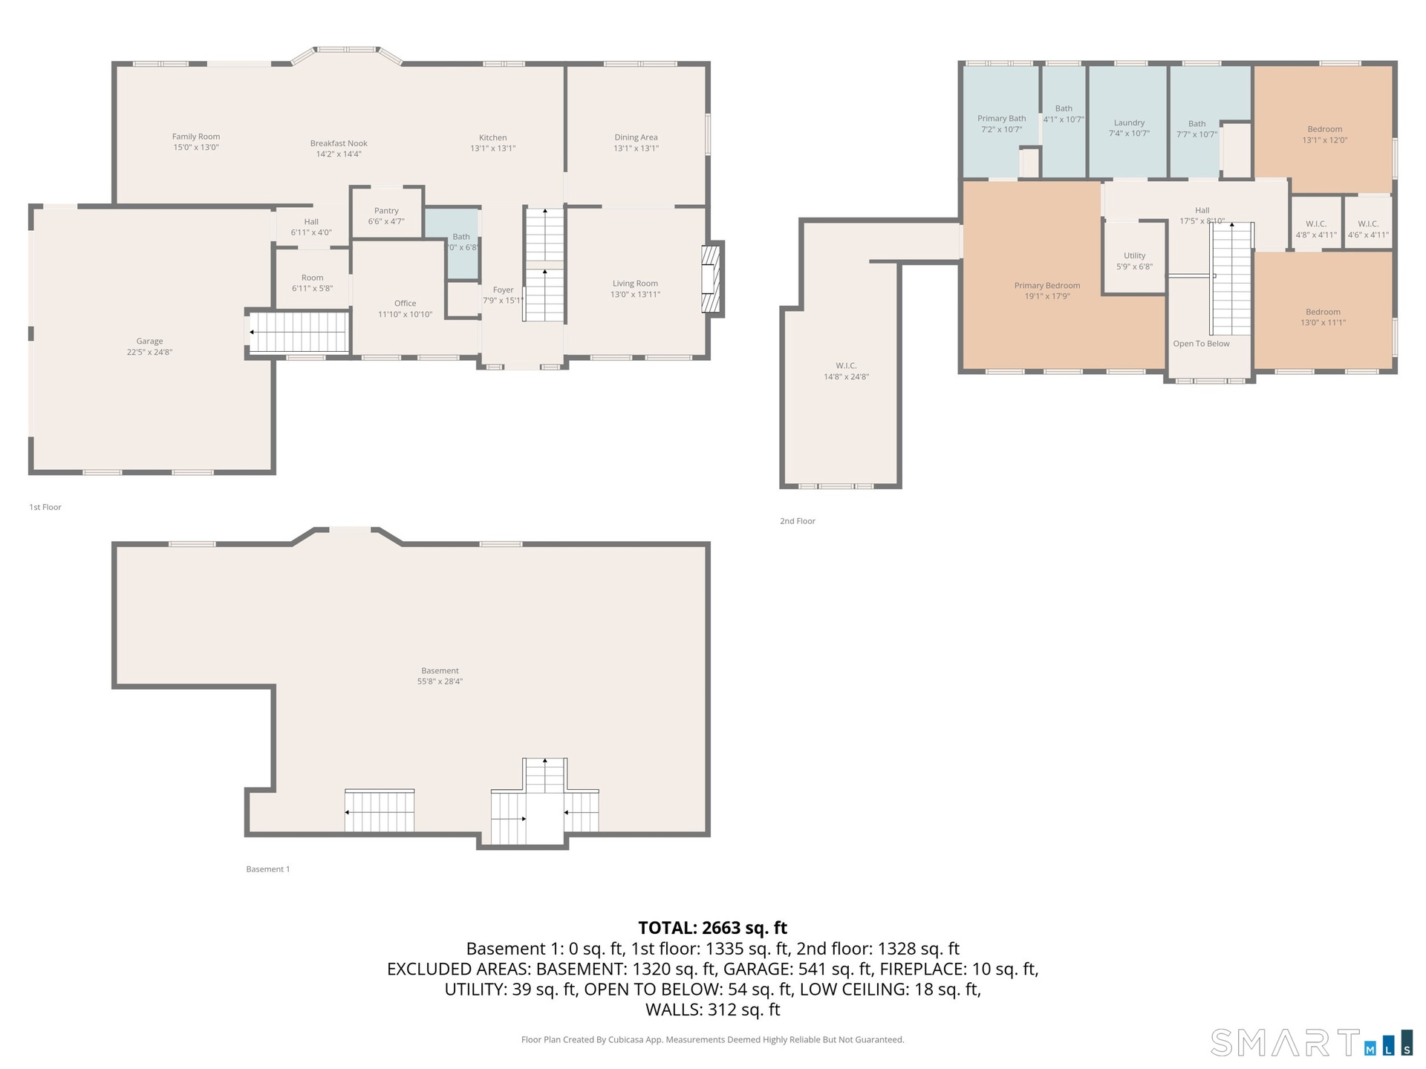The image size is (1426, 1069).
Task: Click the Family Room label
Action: pos(196,137)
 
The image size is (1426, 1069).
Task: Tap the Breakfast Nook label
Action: pos(339,143)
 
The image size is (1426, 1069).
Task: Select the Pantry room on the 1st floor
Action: pos(387,213)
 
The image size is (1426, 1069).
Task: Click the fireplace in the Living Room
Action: pos(712,279)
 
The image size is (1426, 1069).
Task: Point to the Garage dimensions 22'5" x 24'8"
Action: pos(149,353)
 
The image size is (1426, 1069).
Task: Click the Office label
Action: pos(406,303)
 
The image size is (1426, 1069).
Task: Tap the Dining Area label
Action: pos(636,137)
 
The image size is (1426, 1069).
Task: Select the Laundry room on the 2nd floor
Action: pos(1128,122)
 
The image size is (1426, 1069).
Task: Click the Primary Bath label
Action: pos(1001,119)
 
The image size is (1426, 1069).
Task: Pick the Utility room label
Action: pos(1134,255)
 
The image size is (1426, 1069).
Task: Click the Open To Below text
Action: pos(1201,344)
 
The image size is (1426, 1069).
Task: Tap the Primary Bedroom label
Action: pos(1047,286)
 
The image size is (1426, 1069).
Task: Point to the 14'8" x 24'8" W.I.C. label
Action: pos(846,366)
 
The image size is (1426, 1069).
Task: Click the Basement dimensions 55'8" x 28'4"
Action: pos(440,681)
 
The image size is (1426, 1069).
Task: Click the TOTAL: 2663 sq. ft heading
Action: pos(712,928)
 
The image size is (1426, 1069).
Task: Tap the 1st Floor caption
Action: pos(45,507)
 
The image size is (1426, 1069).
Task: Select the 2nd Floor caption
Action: pos(798,521)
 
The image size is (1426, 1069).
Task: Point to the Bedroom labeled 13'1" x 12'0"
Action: pos(1324,129)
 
